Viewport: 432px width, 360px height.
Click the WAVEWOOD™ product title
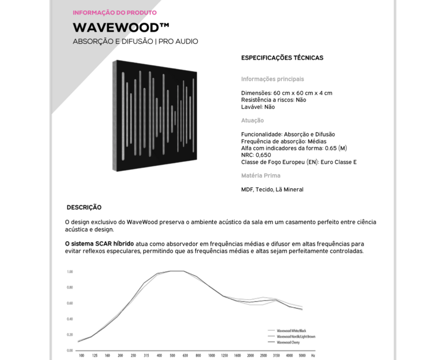[x=121, y=27]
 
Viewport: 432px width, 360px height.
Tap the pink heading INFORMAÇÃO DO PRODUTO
[x=114, y=13]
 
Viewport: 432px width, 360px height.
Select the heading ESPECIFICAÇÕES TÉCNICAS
[x=282, y=58]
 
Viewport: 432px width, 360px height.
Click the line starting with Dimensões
[x=286, y=93]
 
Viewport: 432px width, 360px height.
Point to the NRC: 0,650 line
[x=256, y=155]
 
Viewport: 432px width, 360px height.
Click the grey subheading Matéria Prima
[x=260, y=176]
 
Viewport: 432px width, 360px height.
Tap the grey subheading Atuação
[x=252, y=120]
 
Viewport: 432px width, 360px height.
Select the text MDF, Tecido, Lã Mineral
[x=272, y=189]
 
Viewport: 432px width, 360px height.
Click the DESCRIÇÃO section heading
[x=84, y=208]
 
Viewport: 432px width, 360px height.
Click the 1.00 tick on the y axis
[x=70, y=272]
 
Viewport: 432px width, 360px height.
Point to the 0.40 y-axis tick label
[x=70, y=319]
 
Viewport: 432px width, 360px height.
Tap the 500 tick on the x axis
[x=172, y=355]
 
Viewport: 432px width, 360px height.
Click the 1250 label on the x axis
[x=224, y=355]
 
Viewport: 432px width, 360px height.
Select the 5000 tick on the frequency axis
[x=302, y=355]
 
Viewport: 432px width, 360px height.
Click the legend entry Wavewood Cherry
[x=288, y=342]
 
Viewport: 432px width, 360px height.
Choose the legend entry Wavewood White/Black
[x=291, y=331]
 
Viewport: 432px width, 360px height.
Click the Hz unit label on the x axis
[x=313, y=355]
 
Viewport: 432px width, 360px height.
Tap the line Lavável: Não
[x=258, y=107]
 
